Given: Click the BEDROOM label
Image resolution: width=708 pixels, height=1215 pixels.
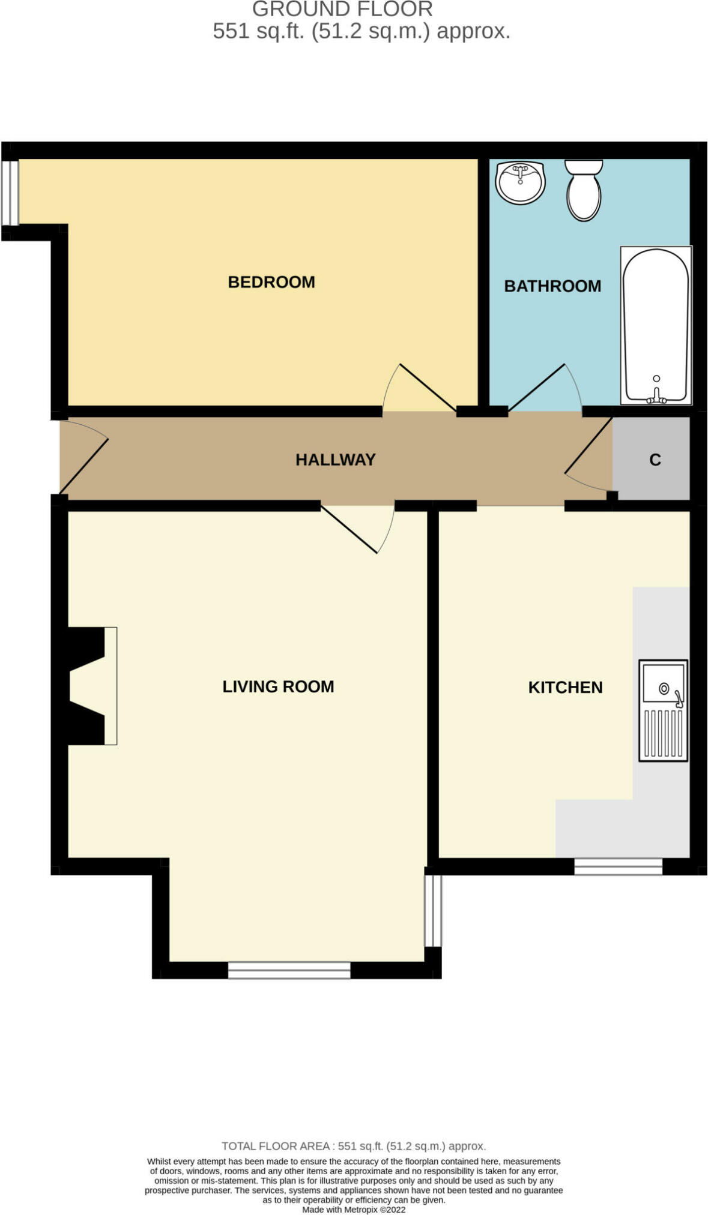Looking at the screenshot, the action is coord(271,282).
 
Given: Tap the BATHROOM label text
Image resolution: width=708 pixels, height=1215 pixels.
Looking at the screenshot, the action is coord(552,286).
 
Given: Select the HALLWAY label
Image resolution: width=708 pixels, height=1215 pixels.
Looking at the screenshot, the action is coord(336,460).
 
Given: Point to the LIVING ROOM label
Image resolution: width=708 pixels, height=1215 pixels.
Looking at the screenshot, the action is coord(278,686).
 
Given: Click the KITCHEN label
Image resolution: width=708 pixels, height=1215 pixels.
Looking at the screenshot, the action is coord(565,687).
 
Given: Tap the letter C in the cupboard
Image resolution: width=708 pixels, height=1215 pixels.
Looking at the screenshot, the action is coord(655,460).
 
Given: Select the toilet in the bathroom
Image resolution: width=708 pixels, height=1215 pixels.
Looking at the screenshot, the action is coord(584,190).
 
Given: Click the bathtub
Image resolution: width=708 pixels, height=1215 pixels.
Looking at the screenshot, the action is coord(656,325).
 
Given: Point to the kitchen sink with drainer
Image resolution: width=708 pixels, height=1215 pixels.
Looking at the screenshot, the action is coord(663,710).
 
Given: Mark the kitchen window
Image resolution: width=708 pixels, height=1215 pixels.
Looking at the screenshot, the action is coord(618,866).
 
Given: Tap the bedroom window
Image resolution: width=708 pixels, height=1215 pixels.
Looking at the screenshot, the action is coord(10,192).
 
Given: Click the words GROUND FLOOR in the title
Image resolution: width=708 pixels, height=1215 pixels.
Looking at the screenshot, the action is coord(342,9).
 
